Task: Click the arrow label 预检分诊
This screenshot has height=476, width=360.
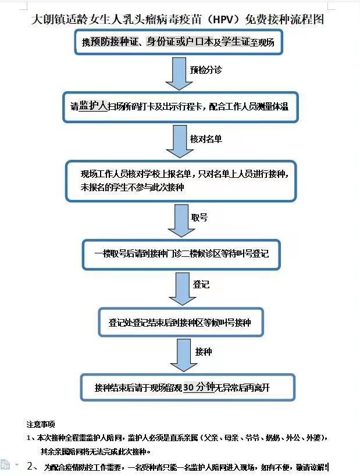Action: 206,70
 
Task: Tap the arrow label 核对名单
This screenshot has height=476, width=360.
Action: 206,139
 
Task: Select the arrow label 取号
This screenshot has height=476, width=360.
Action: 199,217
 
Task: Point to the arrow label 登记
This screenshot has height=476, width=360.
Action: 201,284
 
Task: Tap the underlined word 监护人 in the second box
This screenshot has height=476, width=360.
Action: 93,106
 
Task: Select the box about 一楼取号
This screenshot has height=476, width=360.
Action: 181,254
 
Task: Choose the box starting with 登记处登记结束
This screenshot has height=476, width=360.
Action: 180,322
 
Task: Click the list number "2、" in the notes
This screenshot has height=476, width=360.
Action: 33,466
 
